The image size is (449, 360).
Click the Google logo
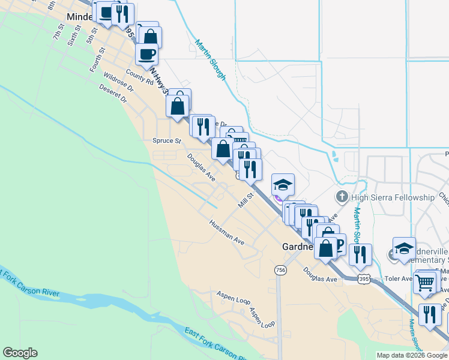[x=20, y=353]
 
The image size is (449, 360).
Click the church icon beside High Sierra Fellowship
[x=342, y=197]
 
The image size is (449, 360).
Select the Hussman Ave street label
[x=227, y=232]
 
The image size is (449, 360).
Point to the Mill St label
[x=244, y=202]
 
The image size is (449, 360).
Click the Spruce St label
[x=166, y=141]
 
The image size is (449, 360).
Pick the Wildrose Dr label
[x=118, y=82]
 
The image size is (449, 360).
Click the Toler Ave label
[x=399, y=278]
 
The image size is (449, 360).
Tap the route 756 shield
[x=280, y=271]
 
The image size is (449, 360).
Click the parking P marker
[x=338, y=243]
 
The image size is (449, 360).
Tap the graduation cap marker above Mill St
[x=283, y=184]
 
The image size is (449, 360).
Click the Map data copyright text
[x=411, y=355]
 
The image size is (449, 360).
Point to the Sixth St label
[x=73, y=40]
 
